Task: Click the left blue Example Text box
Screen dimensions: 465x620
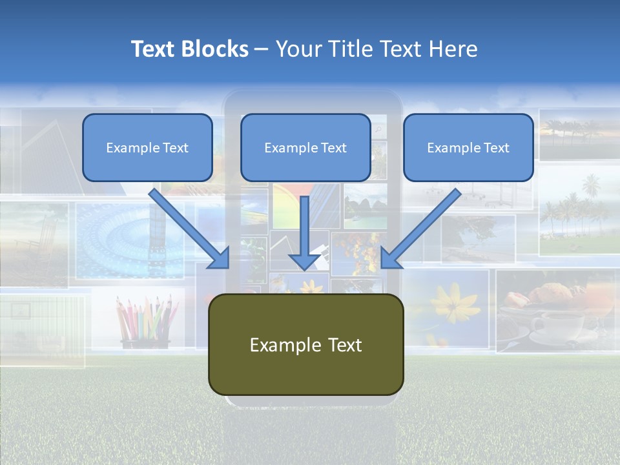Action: (147, 148)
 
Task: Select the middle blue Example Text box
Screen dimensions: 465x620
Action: (305, 148)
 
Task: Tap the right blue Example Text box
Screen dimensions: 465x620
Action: (468, 148)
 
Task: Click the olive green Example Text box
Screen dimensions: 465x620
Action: (305, 345)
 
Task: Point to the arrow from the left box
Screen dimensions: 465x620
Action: (187, 226)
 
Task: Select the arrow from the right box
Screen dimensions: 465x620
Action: (423, 226)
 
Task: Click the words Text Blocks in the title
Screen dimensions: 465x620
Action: (189, 49)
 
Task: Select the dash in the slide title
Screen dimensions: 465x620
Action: (262, 50)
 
